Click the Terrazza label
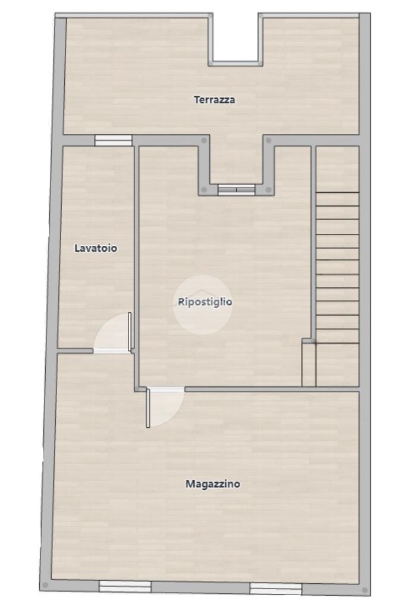click(x=214, y=100)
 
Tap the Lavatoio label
click(x=96, y=248)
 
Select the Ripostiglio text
click(x=205, y=302)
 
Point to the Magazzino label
click(x=213, y=484)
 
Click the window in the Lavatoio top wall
click(x=114, y=140)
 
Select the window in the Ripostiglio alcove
click(x=236, y=189)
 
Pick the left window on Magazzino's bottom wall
click(x=125, y=587)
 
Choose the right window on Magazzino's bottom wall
click(x=275, y=589)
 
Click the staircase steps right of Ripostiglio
click(x=337, y=267)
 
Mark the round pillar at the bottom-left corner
click(x=45, y=585)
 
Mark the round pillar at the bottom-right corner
click(x=365, y=590)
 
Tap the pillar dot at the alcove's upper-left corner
click(x=203, y=140)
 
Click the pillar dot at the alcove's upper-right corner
click(x=269, y=140)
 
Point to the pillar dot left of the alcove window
click(x=204, y=190)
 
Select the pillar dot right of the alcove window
click(x=268, y=190)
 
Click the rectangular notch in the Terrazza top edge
click(x=235, y=39)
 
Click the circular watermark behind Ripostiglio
click(x=203, y=304)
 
